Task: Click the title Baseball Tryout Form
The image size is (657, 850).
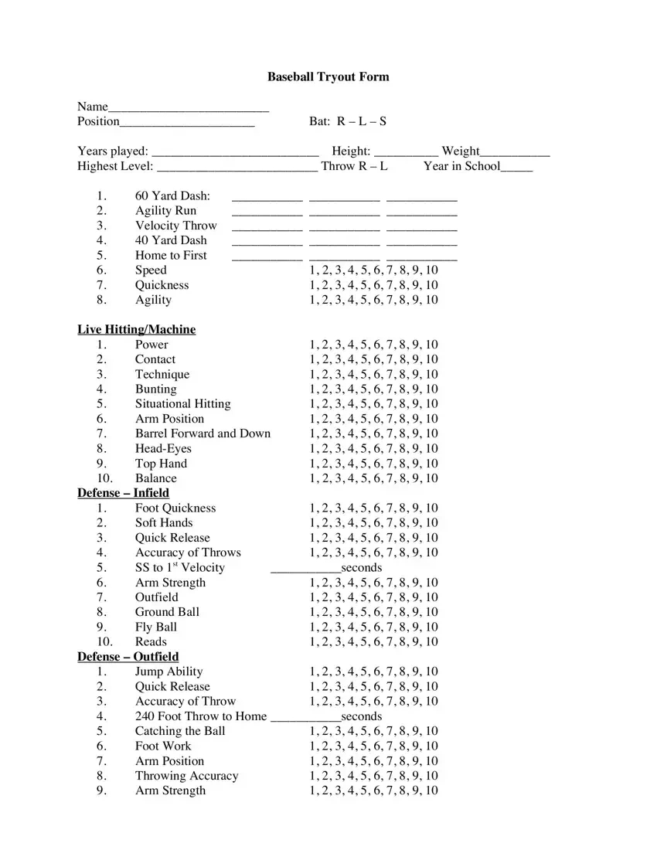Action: (x=328, y=76)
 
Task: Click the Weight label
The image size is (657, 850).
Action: (x=461, y=151)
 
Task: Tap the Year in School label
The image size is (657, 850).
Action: (x=461, y=165)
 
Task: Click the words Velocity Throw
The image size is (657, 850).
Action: (x=176, y=226)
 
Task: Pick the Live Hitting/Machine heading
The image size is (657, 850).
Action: (x=136, y=329)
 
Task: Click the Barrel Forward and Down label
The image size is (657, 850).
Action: (x=203, y=433)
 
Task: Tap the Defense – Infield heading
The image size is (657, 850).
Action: (x=123, y=493)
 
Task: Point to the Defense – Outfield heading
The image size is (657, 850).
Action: (x=128, y=657)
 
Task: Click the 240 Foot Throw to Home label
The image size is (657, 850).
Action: (x=200, y=716)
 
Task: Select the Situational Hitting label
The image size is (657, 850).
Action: (x=182, y=403)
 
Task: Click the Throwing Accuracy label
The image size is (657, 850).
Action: (x=186, y=776)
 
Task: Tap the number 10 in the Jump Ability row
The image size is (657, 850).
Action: (x=431, y=671)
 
